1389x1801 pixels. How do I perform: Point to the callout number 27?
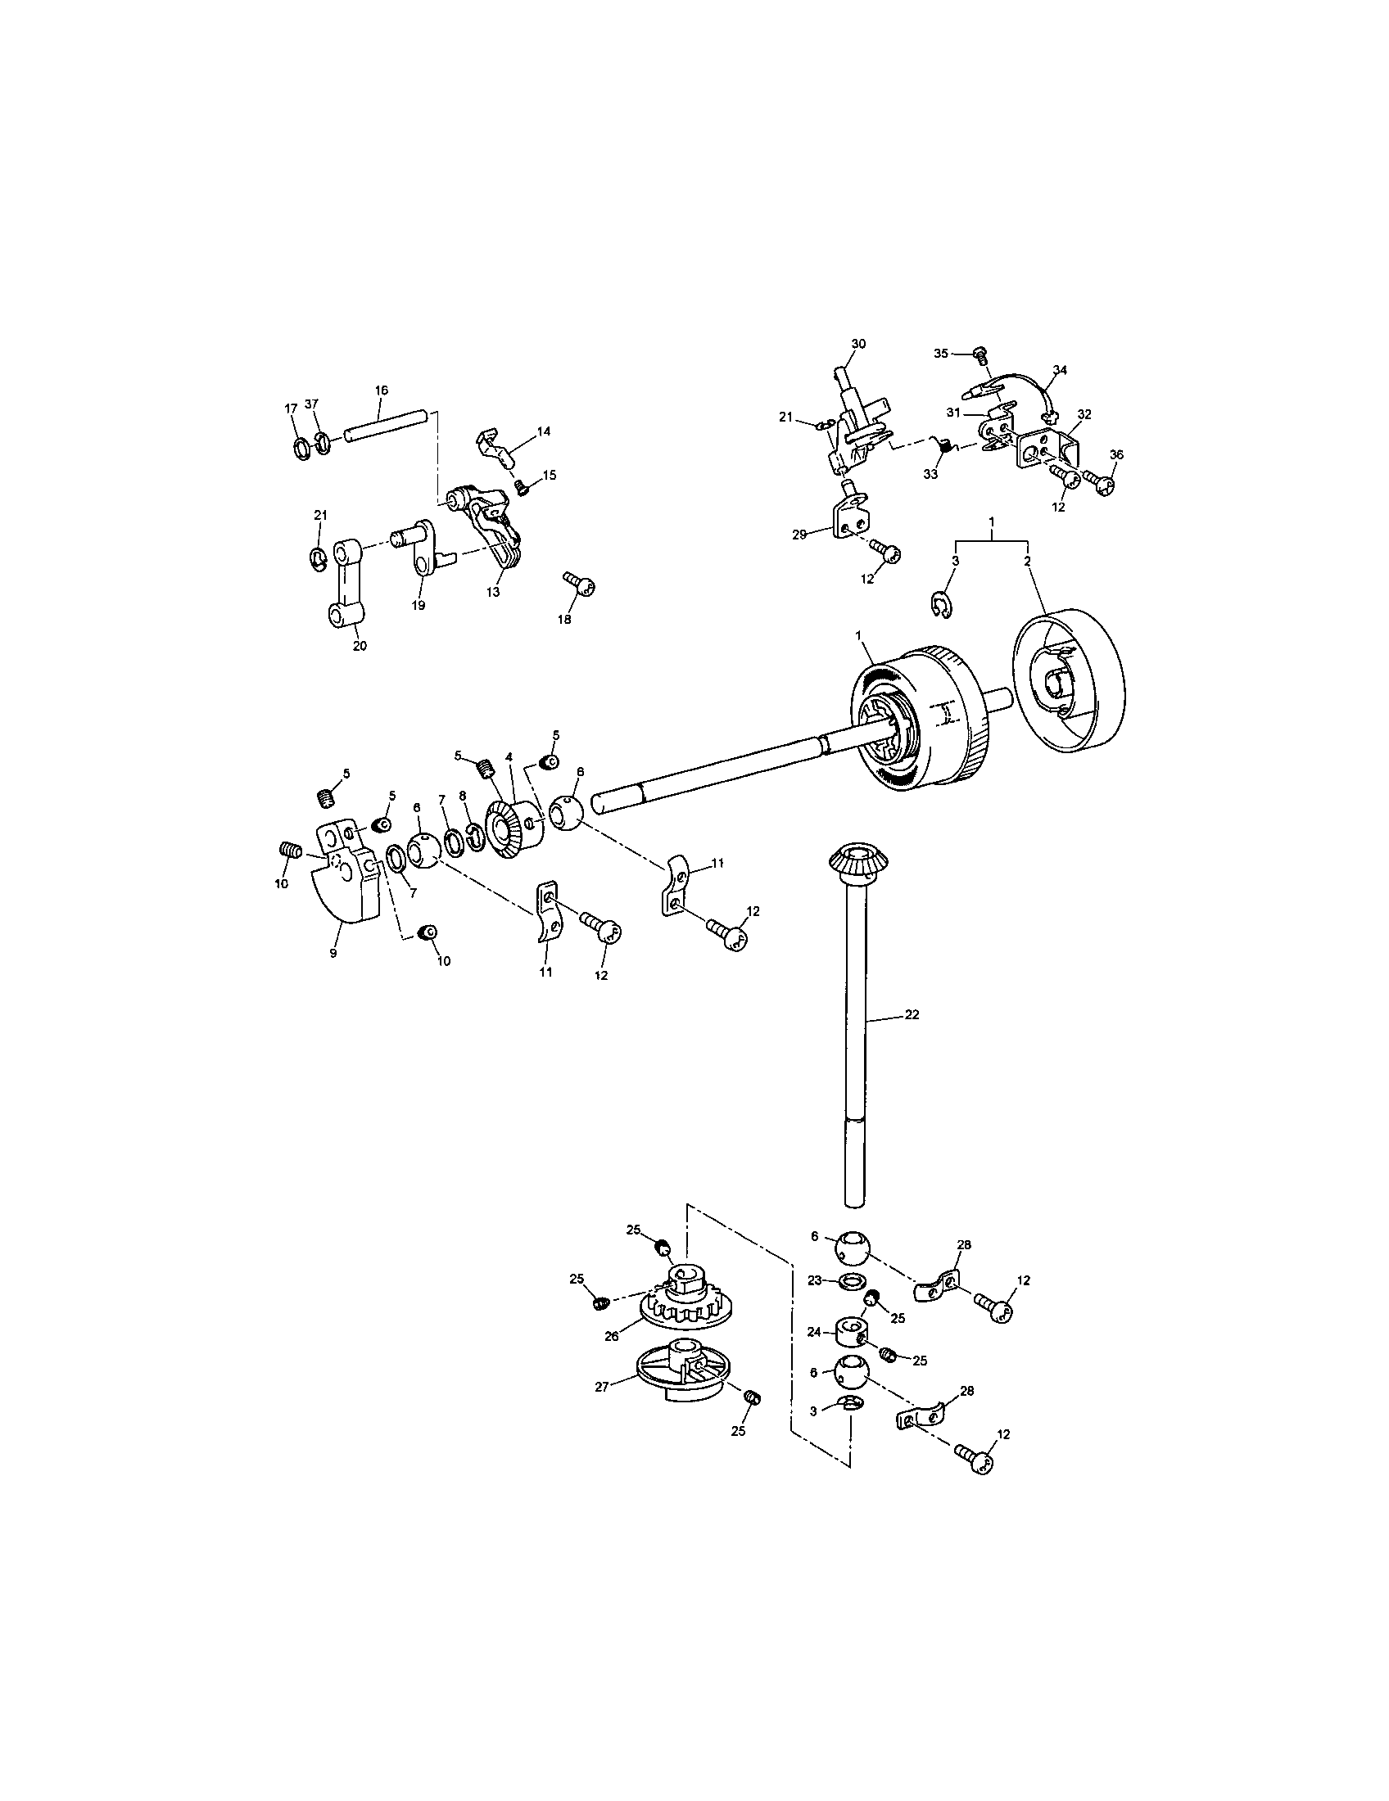tap(601, 1387)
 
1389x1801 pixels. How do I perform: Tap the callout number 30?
tap(857, 344)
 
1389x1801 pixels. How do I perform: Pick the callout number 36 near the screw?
tap(1116, 454)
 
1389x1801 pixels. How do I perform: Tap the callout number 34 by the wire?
tap(1060, 370)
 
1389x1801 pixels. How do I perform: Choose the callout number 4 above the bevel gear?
tap(509, 756)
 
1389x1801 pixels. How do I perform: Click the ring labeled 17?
tap(302, 449)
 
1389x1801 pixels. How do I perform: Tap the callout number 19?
tap(419, 605)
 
